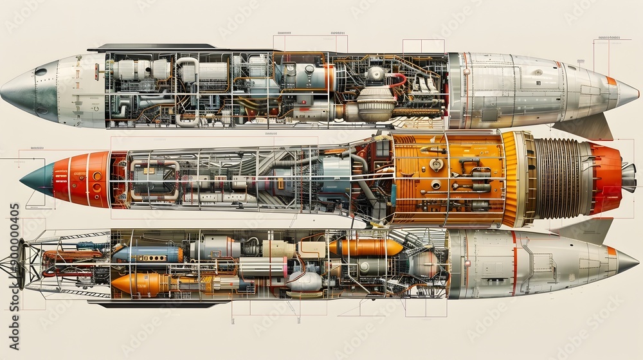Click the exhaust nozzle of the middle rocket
click(628, 177)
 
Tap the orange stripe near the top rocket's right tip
click(611, 81)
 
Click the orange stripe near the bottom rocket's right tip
click(611, 251)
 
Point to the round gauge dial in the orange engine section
click(437, 165)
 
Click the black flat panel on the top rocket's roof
click(151, 48)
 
